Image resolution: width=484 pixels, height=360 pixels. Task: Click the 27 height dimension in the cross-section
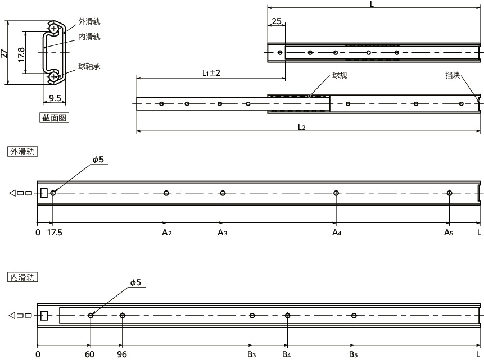pyautogui.click(x=4, y=53)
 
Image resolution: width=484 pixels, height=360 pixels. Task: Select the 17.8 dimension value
pyautogui.click(x=21, y=54)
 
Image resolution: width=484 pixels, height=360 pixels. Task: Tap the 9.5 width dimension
pyautogui.click(x=55, y=98)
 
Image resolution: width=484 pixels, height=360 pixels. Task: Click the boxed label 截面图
pyautogui.click(x=54, y=117)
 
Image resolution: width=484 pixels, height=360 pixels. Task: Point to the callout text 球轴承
pyautogui.click(x=89, y=66)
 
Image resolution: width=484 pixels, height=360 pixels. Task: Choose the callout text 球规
pyautogui.click(x=340, y=75)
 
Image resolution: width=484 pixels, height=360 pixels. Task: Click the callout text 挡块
pyautogui.click(x=453, y=75)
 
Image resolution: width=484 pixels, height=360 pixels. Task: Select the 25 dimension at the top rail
pyautogui.click(x=277, y=21)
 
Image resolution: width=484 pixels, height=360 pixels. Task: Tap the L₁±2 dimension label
pyautogui.click(x=211, y=73)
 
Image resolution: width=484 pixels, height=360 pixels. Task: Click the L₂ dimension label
pyautogui.click(x=301, y=127)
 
